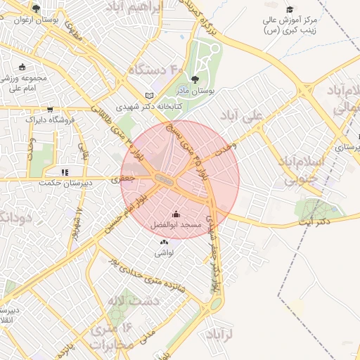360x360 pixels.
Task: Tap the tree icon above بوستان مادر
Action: pos(195,79)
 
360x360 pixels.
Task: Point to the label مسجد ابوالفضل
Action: pos(176,225)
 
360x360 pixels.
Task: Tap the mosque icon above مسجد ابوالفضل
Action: pos(176,214)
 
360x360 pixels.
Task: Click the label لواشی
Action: pos(163,252)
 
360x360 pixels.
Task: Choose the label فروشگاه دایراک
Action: pos(50,120)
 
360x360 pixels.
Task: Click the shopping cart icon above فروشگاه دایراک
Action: pos(50,109)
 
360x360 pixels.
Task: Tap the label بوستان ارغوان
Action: pos(36,20)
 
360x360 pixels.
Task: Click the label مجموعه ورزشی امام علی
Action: pos(23,83)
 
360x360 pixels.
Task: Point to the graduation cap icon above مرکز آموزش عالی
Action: pos(290,9)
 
